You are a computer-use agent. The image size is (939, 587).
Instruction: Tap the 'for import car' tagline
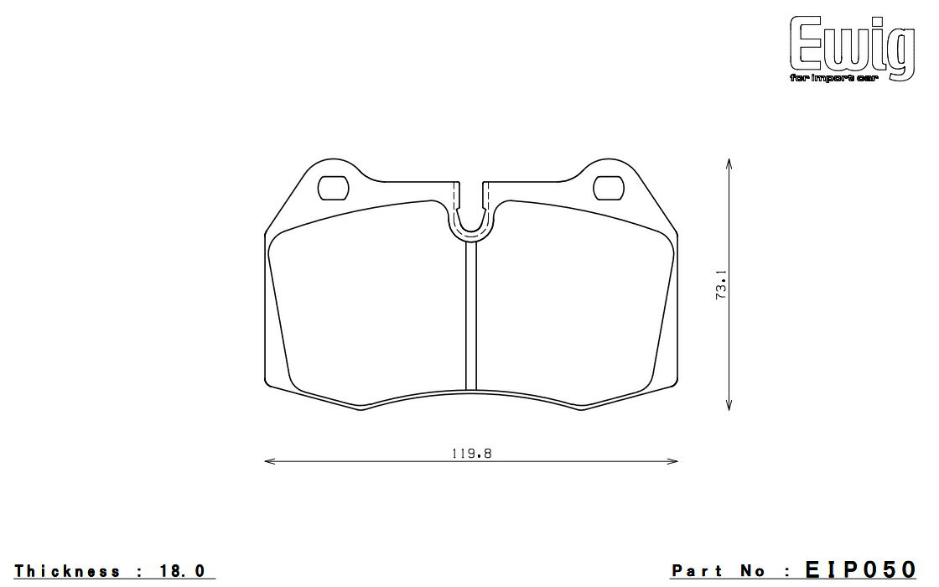click(x=833, y=79)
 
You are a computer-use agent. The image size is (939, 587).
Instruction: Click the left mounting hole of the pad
click(x=333, y=188)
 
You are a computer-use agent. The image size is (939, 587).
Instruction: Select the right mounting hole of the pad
click(x=609, y=188)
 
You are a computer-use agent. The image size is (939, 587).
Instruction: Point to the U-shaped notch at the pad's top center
click(x=471, y=234)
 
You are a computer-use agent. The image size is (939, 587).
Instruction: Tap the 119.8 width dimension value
click(x=472, y=454)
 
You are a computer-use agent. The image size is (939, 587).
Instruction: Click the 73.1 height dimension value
click(x=721, y=284)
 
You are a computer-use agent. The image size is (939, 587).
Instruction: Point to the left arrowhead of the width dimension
click(x=269, y=461)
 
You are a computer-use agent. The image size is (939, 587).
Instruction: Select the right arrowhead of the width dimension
click(x=673, y=461)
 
